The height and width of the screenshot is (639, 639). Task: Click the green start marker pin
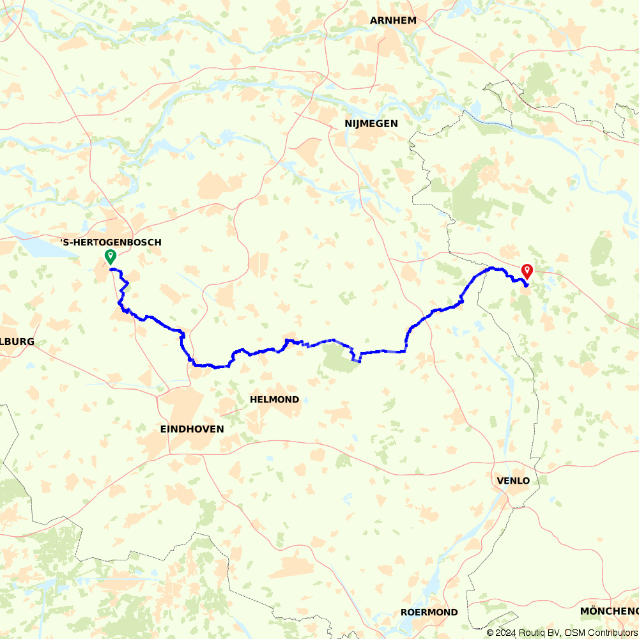[111, 257]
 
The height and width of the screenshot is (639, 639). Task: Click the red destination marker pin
[527, 271]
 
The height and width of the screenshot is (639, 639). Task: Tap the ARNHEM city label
[393, 20]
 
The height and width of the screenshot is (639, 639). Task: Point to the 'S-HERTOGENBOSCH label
[111, 242]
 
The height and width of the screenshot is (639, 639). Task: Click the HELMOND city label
[274, 399]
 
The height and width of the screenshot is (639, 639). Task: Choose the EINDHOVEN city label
[192, 429]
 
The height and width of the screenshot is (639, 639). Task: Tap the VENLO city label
[512, 481]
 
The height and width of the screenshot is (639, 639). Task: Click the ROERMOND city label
[429, 612]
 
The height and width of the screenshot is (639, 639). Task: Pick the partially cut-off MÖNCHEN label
[608, 612]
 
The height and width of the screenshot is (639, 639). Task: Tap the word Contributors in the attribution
[610, 633]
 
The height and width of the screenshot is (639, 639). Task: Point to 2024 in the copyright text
[504, 633]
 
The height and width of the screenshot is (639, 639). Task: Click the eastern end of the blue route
[526, 285]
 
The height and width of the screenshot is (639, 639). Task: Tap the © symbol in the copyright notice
[489, 633]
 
